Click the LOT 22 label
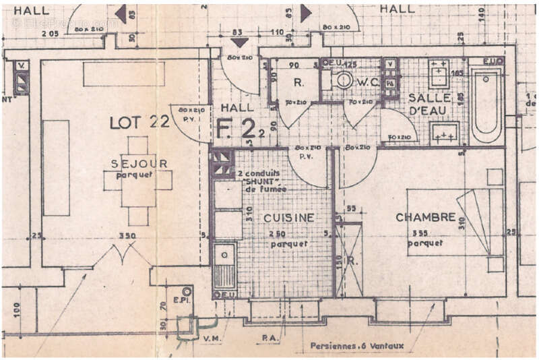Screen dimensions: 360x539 [x=139, y=122]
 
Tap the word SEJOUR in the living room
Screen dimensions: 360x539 [x=135, y=164]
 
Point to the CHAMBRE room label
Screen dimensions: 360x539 [x=426, y=217]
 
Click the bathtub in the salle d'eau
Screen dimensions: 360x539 [x=486, y=104]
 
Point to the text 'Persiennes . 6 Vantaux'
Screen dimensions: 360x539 [x=357, y=346]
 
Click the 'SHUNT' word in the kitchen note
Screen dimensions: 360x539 [x=257, y=181]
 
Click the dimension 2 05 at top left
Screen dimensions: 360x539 [x=50, y=32]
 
